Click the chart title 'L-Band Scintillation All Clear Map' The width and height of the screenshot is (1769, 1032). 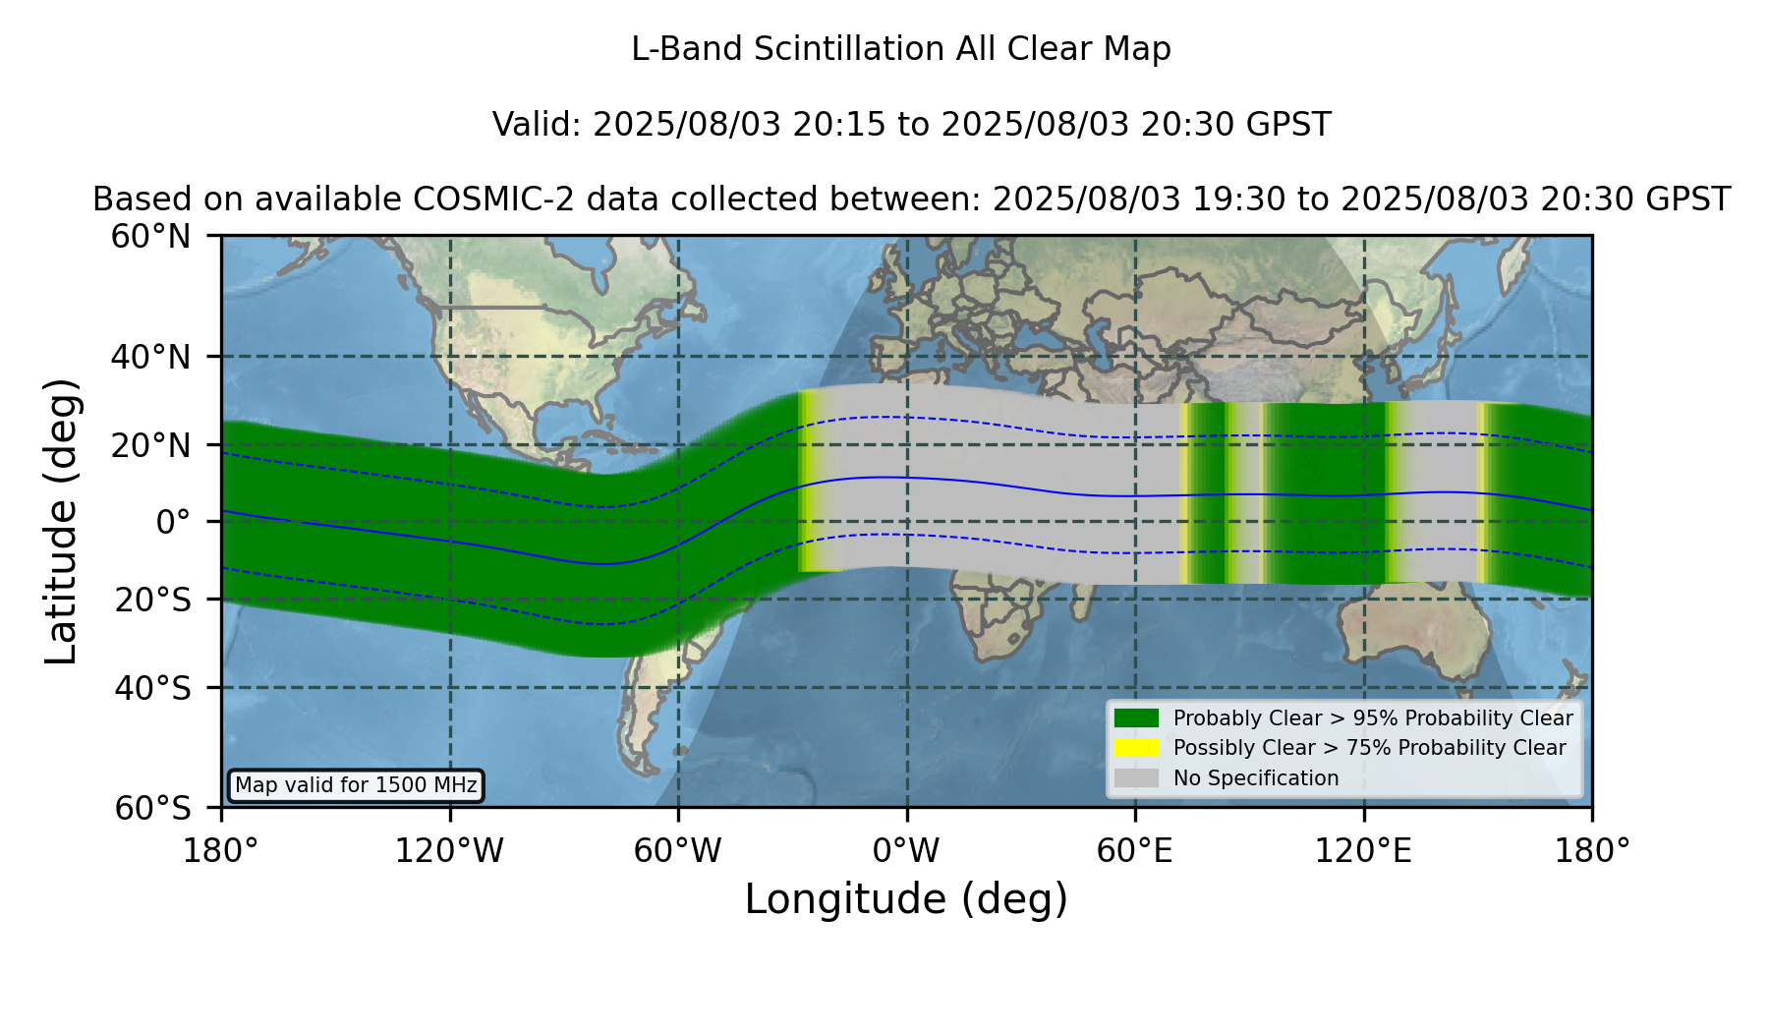tap(900, 49)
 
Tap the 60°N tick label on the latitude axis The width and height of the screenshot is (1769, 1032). tap(151, 236)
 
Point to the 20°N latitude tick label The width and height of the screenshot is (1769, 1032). tap(151, 445)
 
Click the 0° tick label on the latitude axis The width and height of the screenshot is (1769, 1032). tap(173, 522)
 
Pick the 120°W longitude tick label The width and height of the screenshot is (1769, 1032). tap(449, 850)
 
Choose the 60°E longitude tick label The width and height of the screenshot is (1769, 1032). tap(1135, 850)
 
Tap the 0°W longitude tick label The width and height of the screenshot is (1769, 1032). tap(906, 850)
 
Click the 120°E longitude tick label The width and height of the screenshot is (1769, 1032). tap(1363, 850)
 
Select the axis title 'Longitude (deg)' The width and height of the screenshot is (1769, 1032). tap(906, 899)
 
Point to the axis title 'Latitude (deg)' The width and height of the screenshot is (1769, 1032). tap(61, 521)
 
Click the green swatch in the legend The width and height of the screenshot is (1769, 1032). tap(1136, 718)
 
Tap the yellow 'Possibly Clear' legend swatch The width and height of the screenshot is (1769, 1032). tap(1136, 748)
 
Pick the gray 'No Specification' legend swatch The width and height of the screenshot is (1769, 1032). tap(1136, 778)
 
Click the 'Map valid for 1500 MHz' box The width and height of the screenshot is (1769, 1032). tap(356, 785)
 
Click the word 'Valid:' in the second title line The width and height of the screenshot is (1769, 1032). tap(538, 125)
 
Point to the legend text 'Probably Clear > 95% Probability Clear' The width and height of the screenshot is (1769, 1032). tap(1373, 718)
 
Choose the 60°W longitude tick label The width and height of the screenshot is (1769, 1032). tap(677, 850)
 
